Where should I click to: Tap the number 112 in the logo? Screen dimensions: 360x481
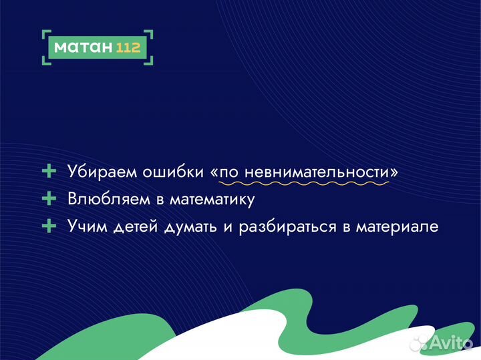pos(128,47)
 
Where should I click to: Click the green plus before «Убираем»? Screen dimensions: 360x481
pos(49,172)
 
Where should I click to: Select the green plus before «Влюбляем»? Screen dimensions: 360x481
pos(49,199)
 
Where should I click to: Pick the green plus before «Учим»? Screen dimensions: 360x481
pos(49,226)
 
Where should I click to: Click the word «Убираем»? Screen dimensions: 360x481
pos(102,172)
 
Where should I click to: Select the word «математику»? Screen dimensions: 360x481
pos(212,199)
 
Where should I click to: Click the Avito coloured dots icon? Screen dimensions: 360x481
pos(419,343)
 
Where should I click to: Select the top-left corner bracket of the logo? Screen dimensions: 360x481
pos(45,33)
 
